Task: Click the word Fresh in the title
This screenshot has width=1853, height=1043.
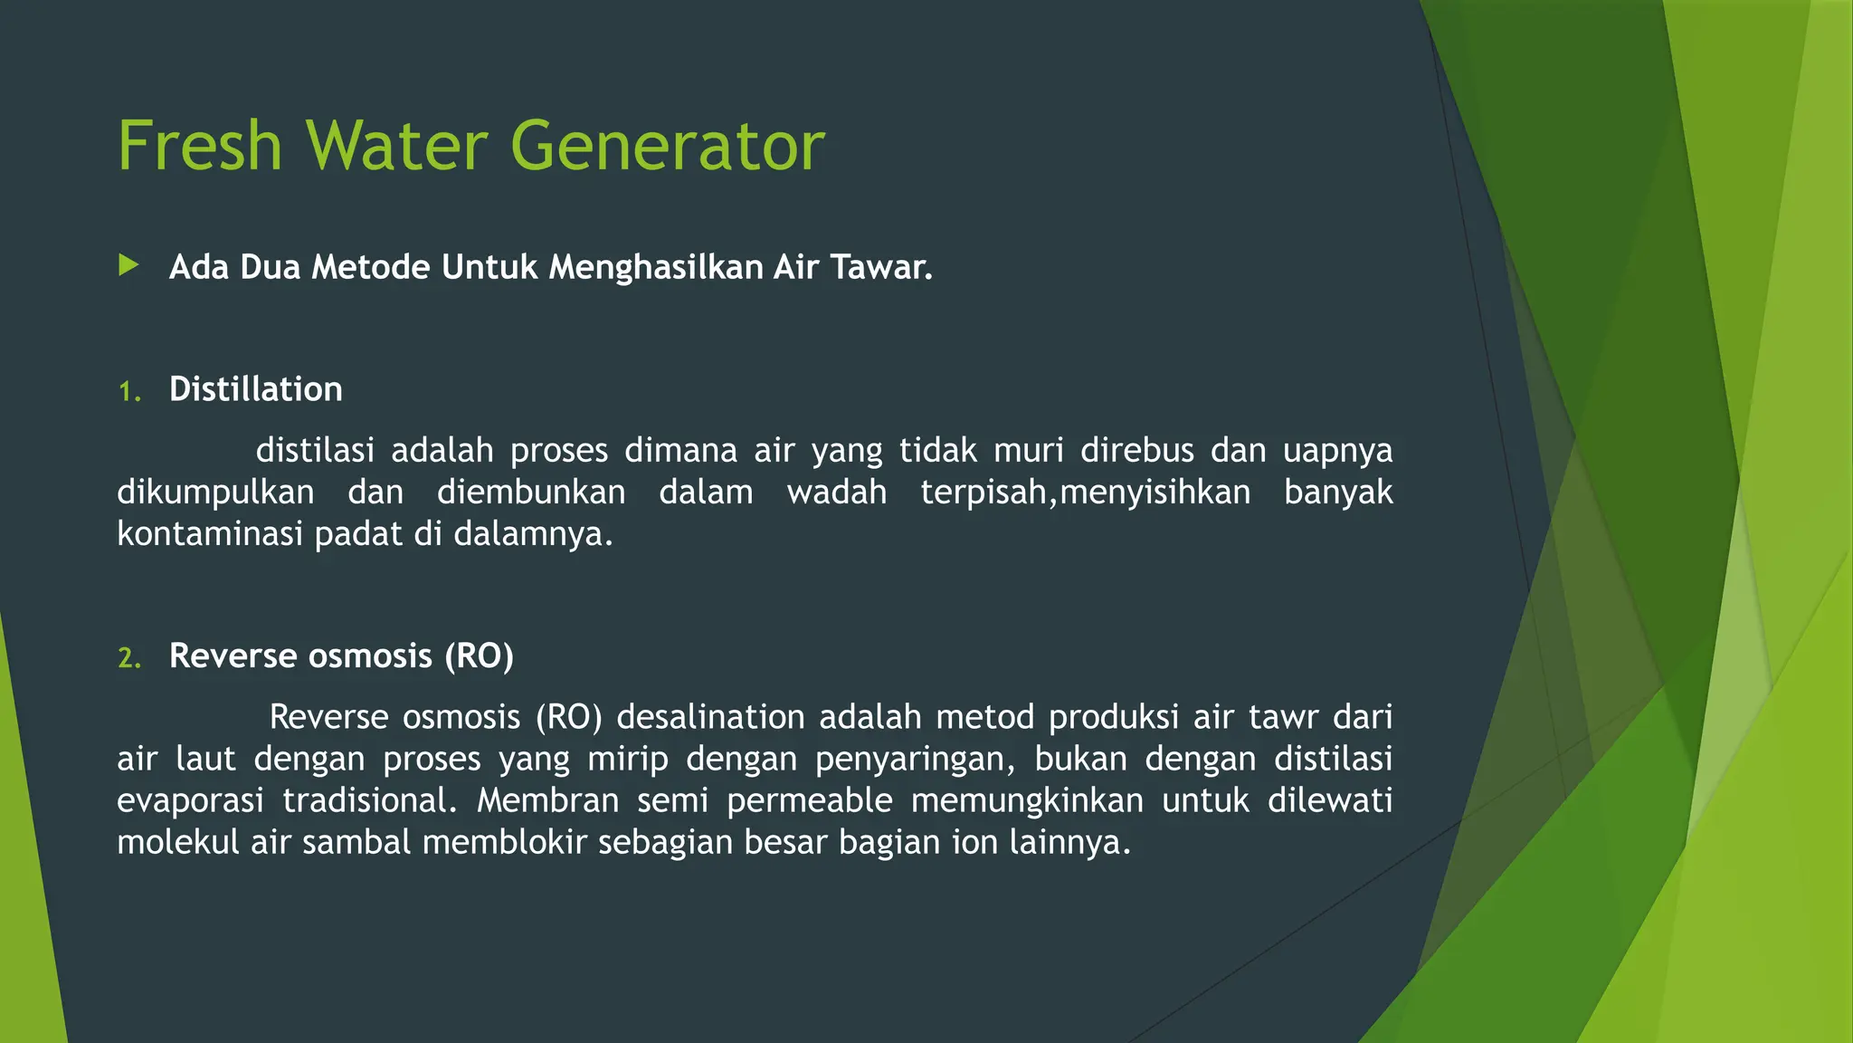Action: [x=200, y=146]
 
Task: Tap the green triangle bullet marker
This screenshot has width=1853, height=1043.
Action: [x=128, y=265]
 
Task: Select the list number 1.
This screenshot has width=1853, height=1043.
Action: [x=128, y=392]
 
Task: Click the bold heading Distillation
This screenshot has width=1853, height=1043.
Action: [x=255, y=389]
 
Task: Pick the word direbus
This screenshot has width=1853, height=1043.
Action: [x=1137, y=450]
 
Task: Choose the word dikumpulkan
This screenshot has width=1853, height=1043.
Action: [x=215, y=492]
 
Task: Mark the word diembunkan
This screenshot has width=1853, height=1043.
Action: [x=531, y=492]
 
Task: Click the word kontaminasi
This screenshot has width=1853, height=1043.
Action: [x=210, y=533]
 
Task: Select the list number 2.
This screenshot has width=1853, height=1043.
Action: [x=128, y=658]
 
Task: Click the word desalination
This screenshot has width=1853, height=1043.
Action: [x=710, y=717]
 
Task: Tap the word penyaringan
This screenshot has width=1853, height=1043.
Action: [x=915, y=759]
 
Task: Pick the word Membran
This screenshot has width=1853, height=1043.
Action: [x=547, y=800]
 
